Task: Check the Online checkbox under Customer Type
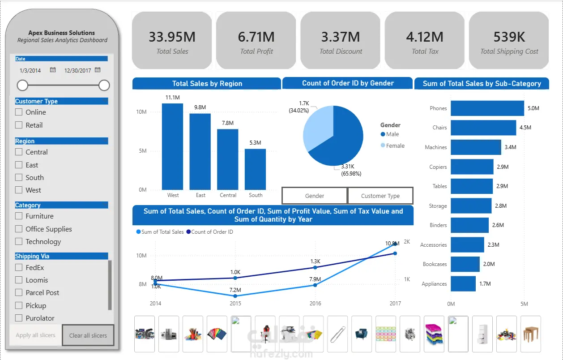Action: (19, 112)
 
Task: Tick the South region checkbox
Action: (19, 177)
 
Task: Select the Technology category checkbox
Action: (19, 241)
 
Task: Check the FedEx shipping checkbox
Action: (19, 267)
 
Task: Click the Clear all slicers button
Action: (88, 335)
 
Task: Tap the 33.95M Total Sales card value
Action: (172, 37)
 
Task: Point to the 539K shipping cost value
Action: (509, 37)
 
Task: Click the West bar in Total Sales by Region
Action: (172, 146)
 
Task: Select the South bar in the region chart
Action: (255, 169)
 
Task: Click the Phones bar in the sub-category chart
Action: (487, 108)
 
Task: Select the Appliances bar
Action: (463, 283)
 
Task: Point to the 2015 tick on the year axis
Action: (235, 304)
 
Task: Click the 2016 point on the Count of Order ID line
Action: (315, 267)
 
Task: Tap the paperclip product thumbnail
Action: (337, 334)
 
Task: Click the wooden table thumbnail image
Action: (530, 334)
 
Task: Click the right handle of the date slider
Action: (104, 85)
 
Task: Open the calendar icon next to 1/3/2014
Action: (53, 70)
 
